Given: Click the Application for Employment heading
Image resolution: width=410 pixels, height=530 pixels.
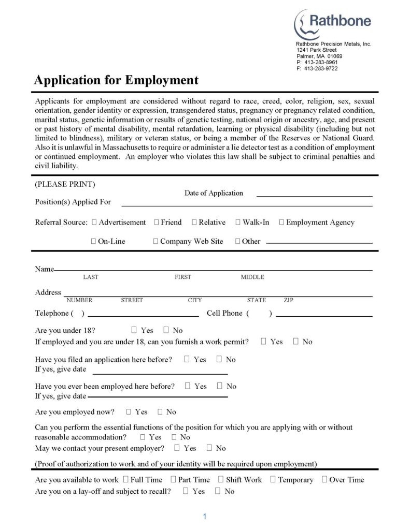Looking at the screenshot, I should pos(116,80).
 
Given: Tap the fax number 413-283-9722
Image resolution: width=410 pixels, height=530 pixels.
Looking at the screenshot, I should pos(321,68).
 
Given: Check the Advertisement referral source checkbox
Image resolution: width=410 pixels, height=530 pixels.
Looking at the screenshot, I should pos(94,223).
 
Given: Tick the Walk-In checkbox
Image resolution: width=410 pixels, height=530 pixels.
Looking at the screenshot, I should pos(238,223).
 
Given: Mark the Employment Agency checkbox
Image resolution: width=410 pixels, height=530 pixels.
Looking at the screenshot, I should pos(281,223).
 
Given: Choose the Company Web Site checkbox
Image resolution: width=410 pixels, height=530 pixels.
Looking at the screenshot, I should pos(155,241).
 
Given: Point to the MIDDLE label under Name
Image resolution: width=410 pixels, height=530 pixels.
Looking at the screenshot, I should pos(252,277).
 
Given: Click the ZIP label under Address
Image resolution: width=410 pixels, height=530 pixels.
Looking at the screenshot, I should pos(289,300).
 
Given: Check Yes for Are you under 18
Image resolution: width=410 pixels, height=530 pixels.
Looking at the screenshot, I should pos(134,330).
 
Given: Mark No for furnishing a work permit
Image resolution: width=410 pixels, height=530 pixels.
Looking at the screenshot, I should pos(296,342).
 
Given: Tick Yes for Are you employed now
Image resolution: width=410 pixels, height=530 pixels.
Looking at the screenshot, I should pos(129,412).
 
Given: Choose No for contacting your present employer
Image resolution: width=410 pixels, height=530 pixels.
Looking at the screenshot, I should pos(209,448).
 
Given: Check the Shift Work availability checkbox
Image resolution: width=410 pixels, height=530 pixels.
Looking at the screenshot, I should pos(221,480).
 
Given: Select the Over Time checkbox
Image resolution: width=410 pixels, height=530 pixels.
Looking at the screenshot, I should pos(324,480).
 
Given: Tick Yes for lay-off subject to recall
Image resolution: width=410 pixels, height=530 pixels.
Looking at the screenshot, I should pos(186,491).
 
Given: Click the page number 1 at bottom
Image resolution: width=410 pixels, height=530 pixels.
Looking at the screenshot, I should pos(205,517).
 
